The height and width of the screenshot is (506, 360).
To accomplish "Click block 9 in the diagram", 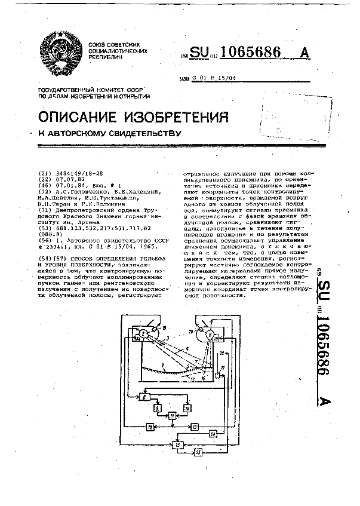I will [158, 408].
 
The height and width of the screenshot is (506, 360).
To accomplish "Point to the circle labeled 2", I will [144, 334].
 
